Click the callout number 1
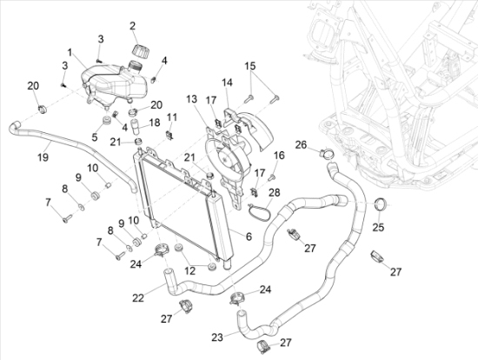click(x=70, y=52)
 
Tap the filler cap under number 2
click(x=141, y=51)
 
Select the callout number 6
click(x=249, y=237)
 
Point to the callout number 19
click(x=43, y=157)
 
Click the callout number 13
click(x=192, y=99)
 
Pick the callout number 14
click(x=227, y=83)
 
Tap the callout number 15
click(x=250, y=66)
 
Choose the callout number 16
click(x=279, y=156)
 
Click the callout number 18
click(x=155, y=123)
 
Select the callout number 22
click(x=138, y=298)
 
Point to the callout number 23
click(x=217, y=337)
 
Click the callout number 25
click(x=378, y=227)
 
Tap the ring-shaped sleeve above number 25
click(x=380, y=204)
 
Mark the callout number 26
click(x=301, y=144)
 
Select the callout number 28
click(x=275, y=192)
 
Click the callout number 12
click(x=190, y=270)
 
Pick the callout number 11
click(x=172, y=117)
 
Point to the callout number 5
click(x=95, y=137)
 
